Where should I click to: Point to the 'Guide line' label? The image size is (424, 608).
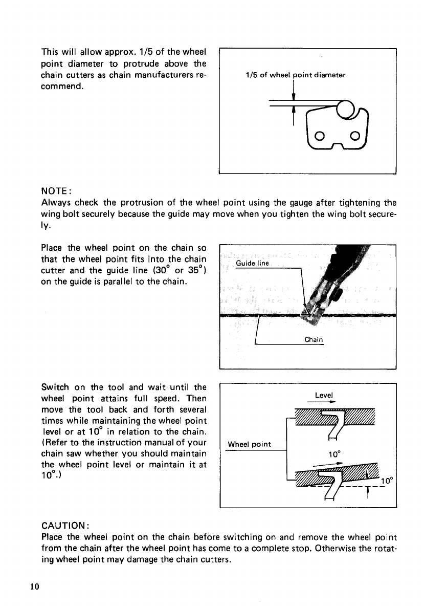(x=254, y=264)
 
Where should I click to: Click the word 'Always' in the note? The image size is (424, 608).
(x=55, y=202)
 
